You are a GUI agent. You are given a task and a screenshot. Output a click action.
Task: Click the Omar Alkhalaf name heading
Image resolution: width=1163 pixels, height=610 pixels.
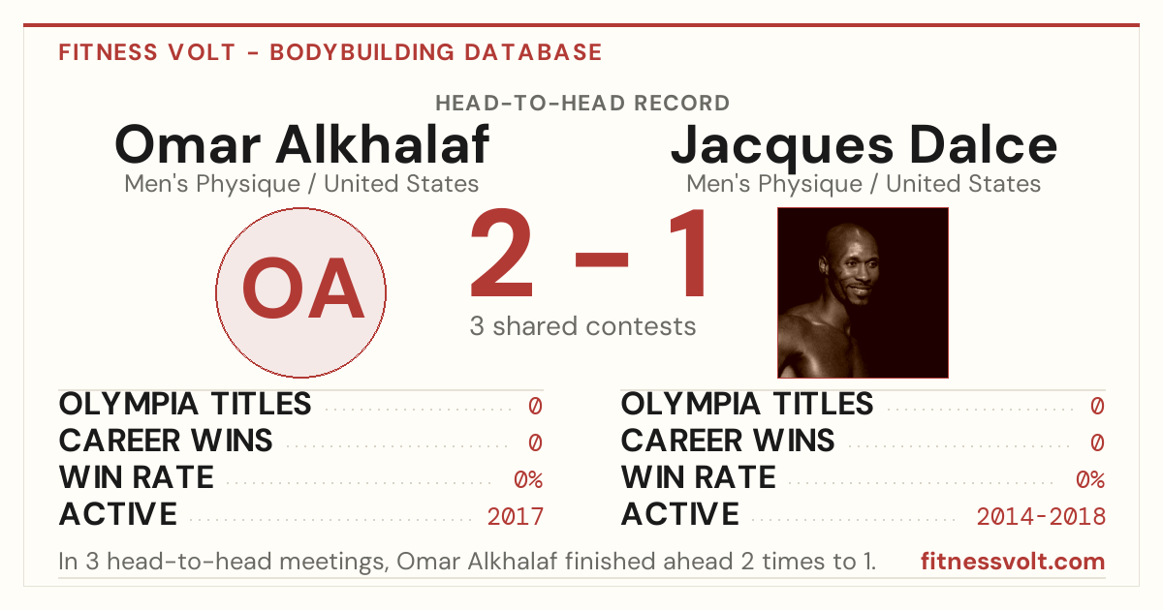[301, 144]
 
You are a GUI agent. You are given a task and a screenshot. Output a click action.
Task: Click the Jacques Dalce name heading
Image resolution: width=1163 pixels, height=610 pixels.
[864, 146]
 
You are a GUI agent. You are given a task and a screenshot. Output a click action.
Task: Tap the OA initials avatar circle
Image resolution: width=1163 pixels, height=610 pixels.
[301, 292]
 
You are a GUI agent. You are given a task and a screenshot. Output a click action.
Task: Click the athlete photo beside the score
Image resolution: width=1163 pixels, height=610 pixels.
[863, 292]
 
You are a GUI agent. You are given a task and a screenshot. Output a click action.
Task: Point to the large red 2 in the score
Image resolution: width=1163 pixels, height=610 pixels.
[502, 253]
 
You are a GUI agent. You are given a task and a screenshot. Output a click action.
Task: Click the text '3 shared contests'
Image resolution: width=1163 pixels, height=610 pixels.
[582, 326]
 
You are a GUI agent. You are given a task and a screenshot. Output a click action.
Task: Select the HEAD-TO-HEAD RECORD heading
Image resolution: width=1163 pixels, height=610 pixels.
[582, 104]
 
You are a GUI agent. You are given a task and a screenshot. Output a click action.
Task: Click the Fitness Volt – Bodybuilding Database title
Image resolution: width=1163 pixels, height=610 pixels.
[330, 52]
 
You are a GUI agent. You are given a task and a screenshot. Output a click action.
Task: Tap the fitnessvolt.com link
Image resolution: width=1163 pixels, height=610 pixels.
[1013, 562]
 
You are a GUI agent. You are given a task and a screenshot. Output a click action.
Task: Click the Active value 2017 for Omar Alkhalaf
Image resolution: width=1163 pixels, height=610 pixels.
[515, 517]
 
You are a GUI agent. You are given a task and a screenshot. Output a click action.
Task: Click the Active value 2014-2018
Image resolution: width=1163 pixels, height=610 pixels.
[1041, 517]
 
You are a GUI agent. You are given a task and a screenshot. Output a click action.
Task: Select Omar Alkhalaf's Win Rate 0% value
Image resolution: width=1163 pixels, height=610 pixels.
[528, 480]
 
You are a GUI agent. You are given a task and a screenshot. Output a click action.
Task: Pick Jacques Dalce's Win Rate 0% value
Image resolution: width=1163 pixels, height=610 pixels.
[1090, 480]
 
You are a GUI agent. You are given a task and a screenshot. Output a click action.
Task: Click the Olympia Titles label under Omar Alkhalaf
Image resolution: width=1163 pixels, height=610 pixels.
[185, 404]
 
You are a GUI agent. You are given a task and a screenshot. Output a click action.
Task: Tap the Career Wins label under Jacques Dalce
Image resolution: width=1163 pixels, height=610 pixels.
[728, 441]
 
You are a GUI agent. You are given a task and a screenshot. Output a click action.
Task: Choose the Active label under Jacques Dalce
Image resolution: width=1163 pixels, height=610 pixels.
[679, 514]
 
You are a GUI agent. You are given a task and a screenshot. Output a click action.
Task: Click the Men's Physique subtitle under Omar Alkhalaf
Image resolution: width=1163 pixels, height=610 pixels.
[301, 184]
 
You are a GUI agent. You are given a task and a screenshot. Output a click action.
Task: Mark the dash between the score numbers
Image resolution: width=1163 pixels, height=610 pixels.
[602, 259]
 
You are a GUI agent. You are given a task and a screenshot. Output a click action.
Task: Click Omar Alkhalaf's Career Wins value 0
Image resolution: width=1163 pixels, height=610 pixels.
[535, 443]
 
